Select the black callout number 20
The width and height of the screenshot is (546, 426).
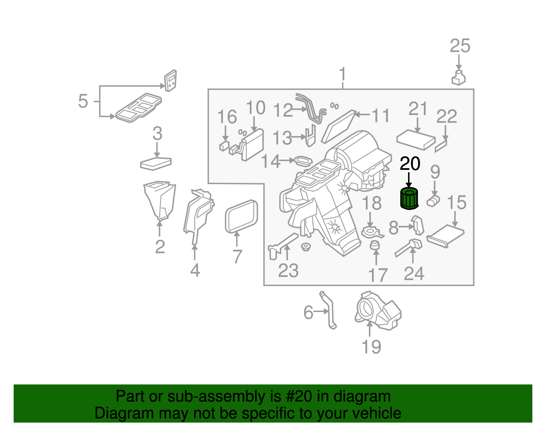410,164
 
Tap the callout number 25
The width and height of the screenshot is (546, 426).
460,46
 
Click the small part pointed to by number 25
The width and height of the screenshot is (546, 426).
459,78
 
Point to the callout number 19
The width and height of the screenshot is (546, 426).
371,347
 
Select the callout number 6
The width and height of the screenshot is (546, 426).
308,312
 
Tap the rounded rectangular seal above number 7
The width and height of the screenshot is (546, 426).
241,216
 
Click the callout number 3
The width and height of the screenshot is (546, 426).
157,133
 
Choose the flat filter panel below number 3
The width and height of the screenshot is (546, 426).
156,163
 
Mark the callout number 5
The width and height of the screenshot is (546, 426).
83,101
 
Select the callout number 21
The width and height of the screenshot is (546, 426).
418,109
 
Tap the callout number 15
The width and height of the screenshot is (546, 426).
456,203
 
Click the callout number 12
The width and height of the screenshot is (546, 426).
283,110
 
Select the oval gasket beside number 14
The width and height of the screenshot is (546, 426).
303,160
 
